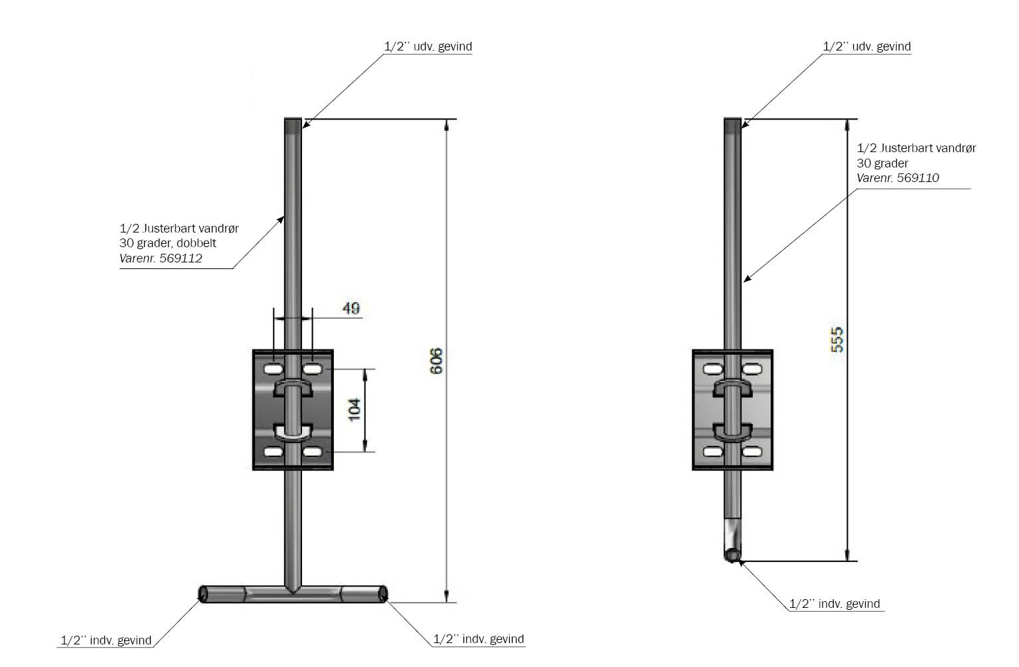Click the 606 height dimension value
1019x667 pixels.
pyautogui.click(x=435, y=361)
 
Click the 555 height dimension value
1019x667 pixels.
pyautogui.click(x=837, y=339)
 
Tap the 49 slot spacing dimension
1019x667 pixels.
pyautogui.click(x=351, y=308)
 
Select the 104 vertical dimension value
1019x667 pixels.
pyautogui.click(x=355, y=410)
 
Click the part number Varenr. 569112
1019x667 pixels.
pyautogui.click(x=161, y=258)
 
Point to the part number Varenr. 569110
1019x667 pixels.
pyautogui.click(x=898, y=177)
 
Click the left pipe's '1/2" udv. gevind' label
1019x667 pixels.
pyautogui.click(x=428, y=47)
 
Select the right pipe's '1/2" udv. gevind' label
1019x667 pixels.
pyautogui.click(x=866, y=47)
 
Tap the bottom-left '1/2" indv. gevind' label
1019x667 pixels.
pyautogui.click(x=106, y=640)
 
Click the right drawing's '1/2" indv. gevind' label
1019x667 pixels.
pyautogui.click(x=834, y=604)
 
